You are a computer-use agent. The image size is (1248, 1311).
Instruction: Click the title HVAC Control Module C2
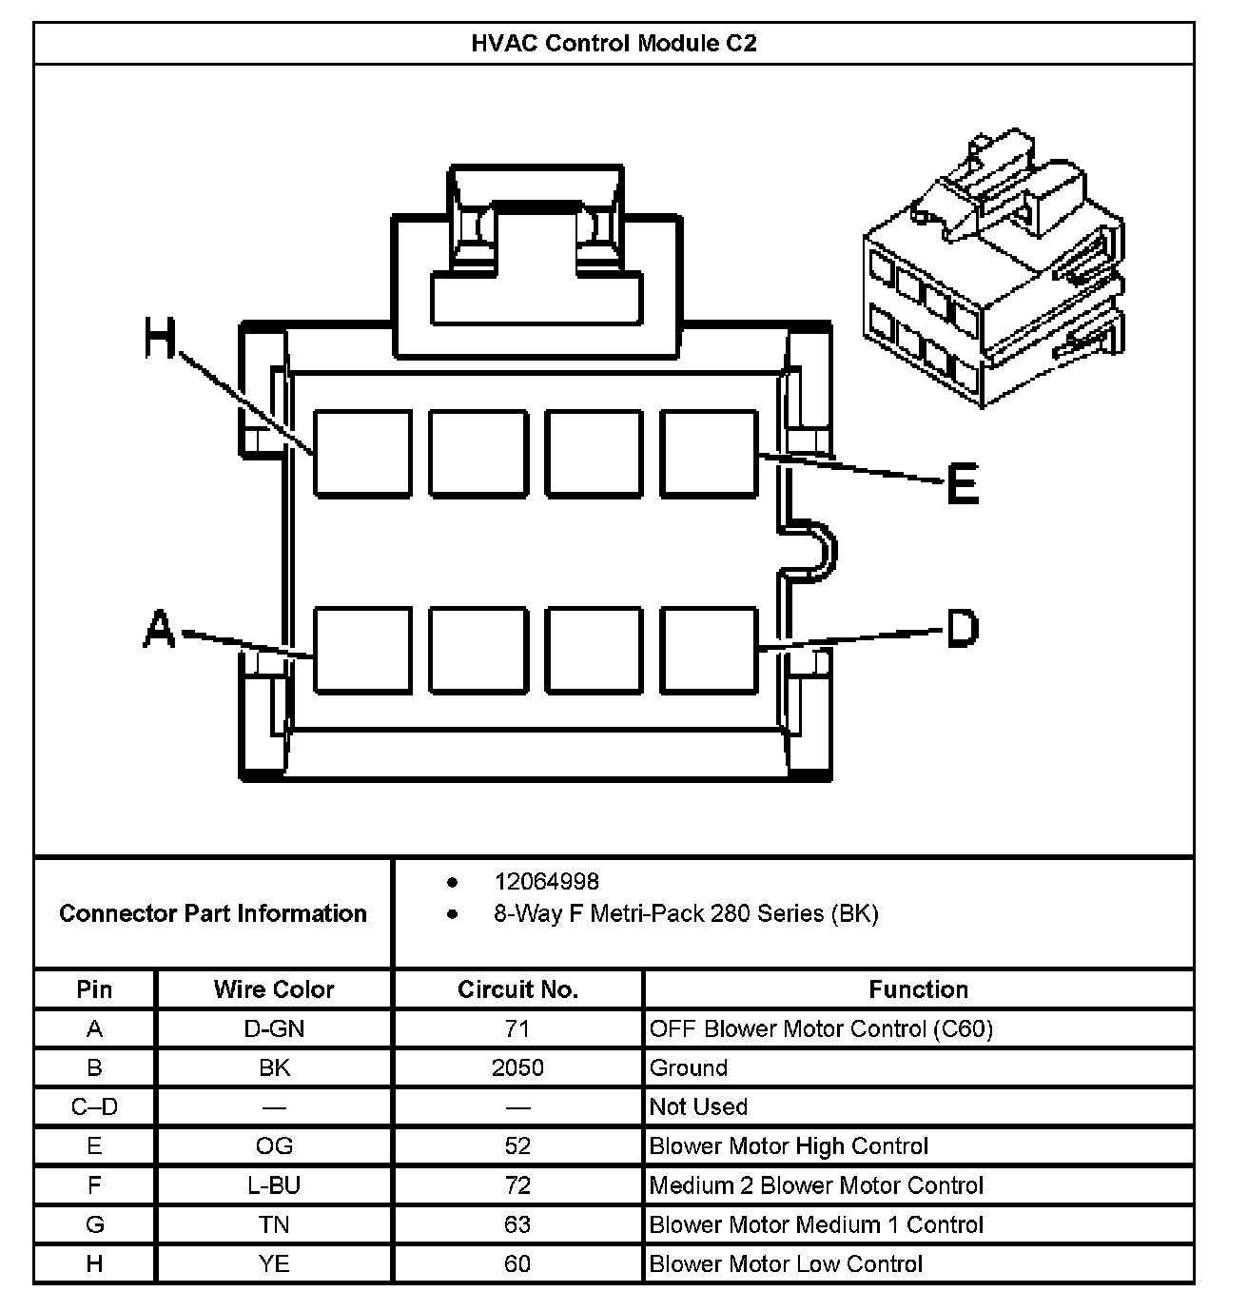click(x=614, y=44)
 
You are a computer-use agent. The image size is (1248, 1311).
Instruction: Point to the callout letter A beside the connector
click(x=160, y=629)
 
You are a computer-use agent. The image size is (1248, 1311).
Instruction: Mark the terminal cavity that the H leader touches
click(x=362, y=454)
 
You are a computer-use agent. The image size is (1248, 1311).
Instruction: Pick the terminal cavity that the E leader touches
click(x=710, y=454)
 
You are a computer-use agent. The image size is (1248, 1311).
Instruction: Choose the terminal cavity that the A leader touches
click(x=362, y=650)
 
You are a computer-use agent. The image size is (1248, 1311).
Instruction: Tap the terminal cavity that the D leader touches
click(x=710, y=650)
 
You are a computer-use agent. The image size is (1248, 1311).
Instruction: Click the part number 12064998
click(x=546, y=882)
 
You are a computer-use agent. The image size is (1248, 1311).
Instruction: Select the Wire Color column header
click(x=274, y=989)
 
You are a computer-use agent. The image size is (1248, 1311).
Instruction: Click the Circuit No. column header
click(x=517, y=989)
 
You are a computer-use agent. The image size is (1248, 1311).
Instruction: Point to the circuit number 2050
click(x=517, y=1067)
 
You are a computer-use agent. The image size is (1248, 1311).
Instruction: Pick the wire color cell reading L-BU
click(x=274, y=1185)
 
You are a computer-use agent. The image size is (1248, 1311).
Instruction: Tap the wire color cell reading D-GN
click(x=274, y=1028)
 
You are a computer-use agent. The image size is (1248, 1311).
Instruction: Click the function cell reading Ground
click(x=689, y=1067)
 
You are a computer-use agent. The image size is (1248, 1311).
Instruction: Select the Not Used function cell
click(x=698, y=1106)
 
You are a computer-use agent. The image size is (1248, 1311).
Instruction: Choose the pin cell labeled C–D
click(x=94, y=1106)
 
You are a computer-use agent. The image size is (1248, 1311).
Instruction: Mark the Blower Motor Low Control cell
click(x=786, y=1263)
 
